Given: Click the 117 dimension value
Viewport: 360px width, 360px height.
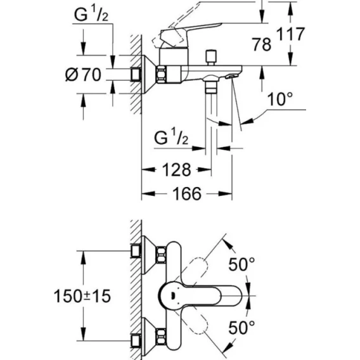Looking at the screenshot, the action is pyautogui.click(x=291, y=34).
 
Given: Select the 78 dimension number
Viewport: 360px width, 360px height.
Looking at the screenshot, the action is pyautogui.click(x=262, y=44).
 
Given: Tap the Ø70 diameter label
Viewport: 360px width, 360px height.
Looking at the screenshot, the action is pyautogui.click(x=83, y=74).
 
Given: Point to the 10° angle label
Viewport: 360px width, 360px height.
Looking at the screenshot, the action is pyautogui.click(x=280, y=99).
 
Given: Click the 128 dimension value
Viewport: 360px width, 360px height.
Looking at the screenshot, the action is pyautogui.click(x=177, y=170).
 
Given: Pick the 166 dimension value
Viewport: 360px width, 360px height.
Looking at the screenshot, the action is pyautogui.click(x=187, y=193).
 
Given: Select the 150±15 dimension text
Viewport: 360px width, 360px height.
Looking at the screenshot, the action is pyautogui.click(x=82, y=296).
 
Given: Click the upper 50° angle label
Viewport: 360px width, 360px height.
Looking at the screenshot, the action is pyautogui.click(x=241, y=264).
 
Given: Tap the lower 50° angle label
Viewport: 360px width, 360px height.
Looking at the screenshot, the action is pyautogui.click(x=241, y=327).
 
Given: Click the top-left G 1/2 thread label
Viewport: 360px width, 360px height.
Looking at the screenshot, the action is pyautogui.click(x=91, y=14).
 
